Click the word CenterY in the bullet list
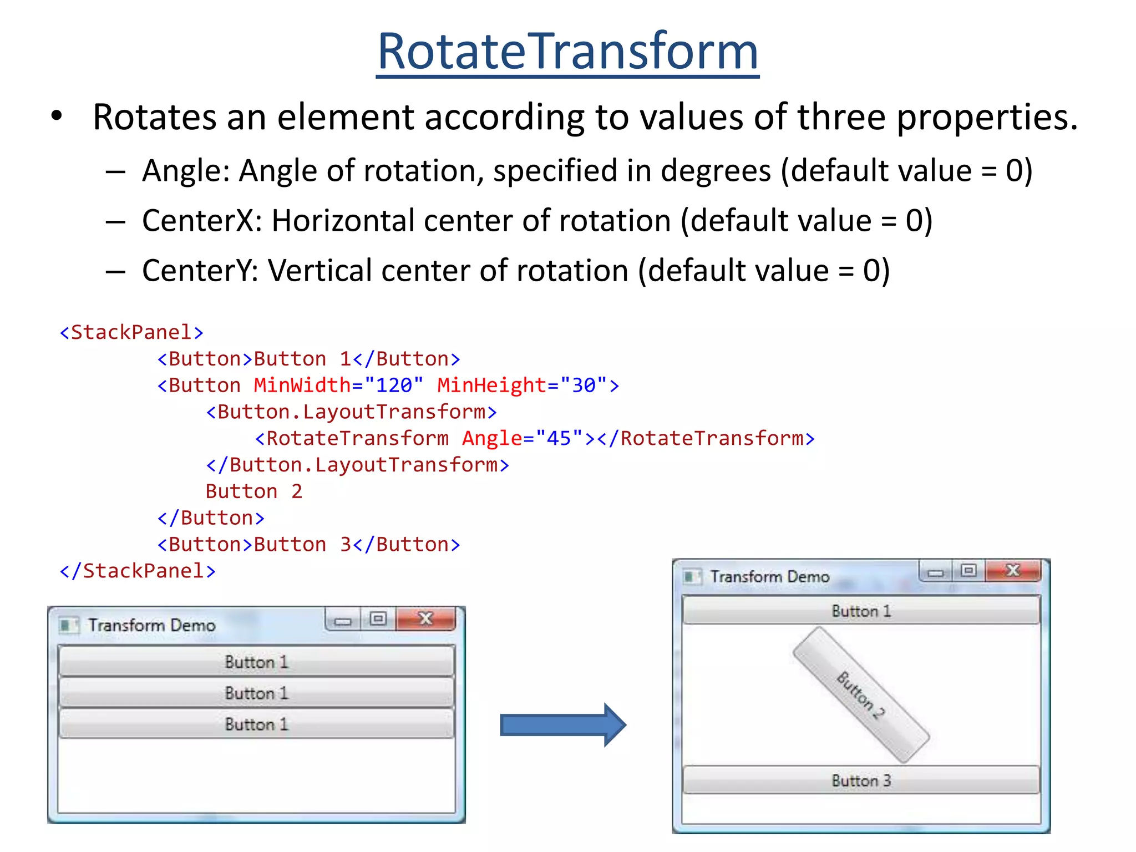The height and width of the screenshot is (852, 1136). point(199,271)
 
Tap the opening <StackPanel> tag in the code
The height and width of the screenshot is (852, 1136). point(131,332)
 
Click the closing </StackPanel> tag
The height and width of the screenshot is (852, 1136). point(138,571)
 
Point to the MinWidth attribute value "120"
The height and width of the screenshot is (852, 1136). point(394,385)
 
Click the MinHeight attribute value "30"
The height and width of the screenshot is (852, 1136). point(583,385)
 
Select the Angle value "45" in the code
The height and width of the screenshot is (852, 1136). point(559,438)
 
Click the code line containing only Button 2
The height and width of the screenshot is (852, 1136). point(253,491)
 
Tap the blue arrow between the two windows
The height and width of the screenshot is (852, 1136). point(562,725)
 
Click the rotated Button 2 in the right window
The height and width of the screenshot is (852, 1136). point(860,695)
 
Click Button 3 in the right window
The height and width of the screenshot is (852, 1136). point(860,780)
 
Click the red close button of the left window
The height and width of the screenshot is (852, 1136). point(425,618)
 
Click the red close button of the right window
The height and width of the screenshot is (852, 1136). point(1013,570)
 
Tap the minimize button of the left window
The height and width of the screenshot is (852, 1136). point(343,620)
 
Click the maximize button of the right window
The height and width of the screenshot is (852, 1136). point(968,570)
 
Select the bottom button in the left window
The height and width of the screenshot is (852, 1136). point(256,724)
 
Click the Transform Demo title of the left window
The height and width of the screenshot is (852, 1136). point(151,625)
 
